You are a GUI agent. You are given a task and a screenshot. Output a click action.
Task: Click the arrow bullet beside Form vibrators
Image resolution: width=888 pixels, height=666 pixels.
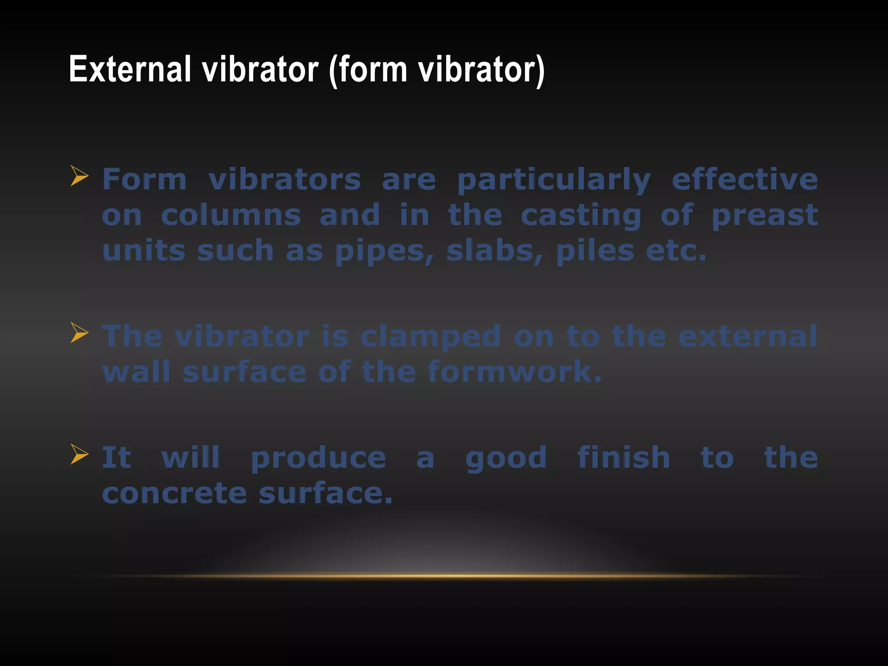coord(79,176)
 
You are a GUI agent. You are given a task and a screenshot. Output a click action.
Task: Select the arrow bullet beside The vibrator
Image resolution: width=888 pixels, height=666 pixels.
coord(79,333)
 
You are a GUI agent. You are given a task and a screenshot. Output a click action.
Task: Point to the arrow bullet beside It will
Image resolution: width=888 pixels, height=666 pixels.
coord(79,454)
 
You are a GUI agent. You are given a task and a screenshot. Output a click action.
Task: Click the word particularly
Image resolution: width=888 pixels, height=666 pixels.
coord(554,180)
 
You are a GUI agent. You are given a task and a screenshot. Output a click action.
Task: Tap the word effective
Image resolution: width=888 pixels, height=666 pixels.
coord(744,180)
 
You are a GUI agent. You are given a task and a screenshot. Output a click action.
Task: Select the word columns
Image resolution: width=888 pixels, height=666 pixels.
coord(231,215)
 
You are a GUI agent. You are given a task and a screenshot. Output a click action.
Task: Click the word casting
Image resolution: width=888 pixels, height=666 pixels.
coord(581,215)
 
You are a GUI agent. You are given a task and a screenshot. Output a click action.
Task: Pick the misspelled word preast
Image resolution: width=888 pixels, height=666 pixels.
coord(765,215)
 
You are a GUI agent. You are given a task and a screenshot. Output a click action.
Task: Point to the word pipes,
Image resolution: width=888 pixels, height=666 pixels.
coord(385,251)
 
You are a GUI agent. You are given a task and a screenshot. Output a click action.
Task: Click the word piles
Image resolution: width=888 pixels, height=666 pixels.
coord(595,251)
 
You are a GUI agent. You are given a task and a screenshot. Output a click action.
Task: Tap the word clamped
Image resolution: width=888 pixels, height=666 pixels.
coord(431,336)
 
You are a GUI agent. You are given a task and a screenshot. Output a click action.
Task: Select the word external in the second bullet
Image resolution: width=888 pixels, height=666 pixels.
coord(748,336)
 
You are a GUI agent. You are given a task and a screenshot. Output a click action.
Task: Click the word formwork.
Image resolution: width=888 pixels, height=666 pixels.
coord(514,372)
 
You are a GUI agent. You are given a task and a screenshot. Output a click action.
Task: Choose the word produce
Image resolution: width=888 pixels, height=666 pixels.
coord(318,458)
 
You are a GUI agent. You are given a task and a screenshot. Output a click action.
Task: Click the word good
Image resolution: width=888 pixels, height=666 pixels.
coord(506,458)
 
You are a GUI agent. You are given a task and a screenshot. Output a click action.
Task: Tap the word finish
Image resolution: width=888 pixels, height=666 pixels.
coord(624,458)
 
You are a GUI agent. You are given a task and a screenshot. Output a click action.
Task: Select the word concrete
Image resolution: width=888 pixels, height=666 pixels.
coord(174,494)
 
